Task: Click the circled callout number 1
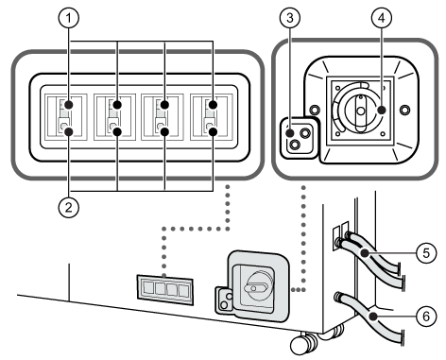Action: pos(69,18)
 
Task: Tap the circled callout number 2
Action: pos(69,207)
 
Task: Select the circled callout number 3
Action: pos(290,18)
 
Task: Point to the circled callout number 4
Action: pos(382,18)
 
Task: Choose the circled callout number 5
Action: pos(426,253)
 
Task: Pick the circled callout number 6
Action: pos(426,316)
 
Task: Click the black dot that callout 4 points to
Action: pos(382,111)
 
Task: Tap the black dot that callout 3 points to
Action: pos(290,133)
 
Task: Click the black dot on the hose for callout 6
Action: pos(373,317)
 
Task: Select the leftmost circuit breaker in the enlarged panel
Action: pos(66,116)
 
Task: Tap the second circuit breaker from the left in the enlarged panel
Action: pos(114,116)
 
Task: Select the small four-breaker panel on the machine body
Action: pos(164,290)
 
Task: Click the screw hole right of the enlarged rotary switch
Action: pos(404,110)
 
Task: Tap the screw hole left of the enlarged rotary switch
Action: pos(314,110)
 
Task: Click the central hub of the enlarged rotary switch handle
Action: pos(361,111)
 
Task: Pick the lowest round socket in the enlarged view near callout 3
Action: pos(295,145)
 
